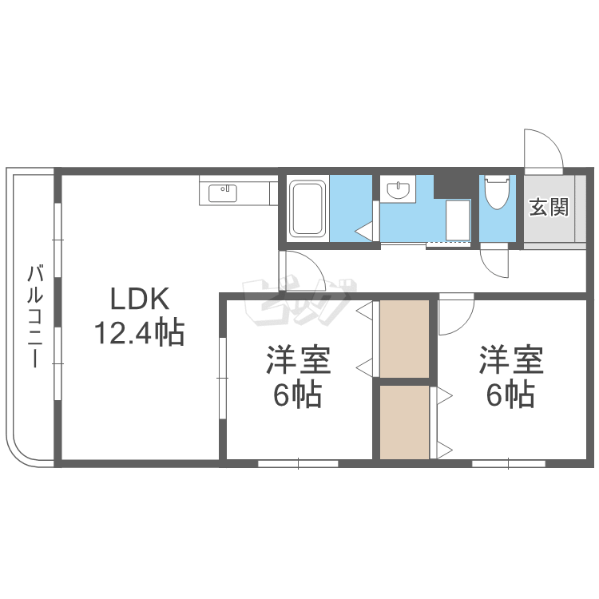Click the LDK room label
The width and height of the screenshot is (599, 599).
click(140, 299)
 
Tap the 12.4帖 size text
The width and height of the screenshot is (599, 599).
click(140, 332)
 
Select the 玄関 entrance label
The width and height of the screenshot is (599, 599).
click(549, 207)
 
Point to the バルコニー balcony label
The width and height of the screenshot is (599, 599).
click(34, 317)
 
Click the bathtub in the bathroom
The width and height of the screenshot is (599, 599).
click(307, 208)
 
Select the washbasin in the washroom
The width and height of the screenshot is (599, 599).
click(398, 189)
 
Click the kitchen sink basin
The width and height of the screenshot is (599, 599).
click(223, 193)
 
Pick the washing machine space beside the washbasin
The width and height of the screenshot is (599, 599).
click(458, 220)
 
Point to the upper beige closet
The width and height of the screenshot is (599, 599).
click(405, 339)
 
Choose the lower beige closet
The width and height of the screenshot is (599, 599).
click(405, 422)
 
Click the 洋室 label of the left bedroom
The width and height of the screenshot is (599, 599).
click(298, 360)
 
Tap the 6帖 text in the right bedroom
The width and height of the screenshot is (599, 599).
click(510, 394)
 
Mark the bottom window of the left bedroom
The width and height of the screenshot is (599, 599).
click(299, 464)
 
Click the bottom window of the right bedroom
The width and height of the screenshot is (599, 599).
click(509, 464)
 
